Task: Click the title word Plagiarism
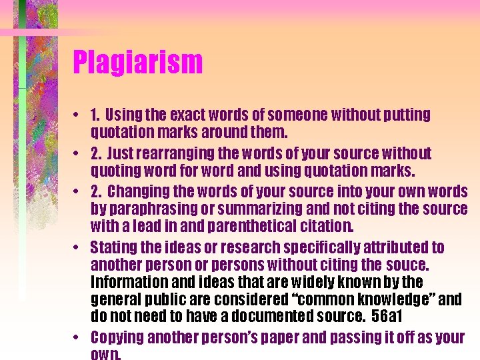coord(137,63)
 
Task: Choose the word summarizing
coord(255,209)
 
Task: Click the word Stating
coord(113,248)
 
